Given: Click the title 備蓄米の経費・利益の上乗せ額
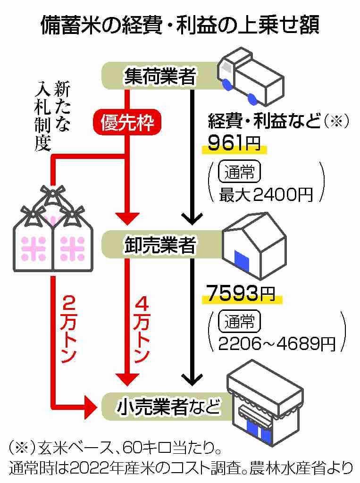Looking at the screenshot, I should [x=180, y=25].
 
